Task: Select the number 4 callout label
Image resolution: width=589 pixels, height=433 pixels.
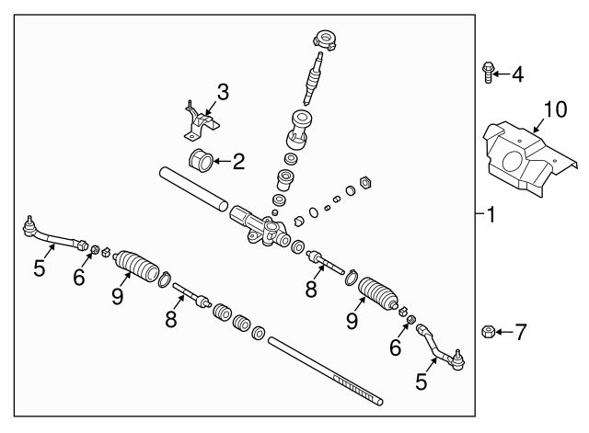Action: click(517, 74)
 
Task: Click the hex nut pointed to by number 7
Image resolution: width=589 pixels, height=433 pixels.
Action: click(489, 330)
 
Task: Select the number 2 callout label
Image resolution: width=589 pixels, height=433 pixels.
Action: click(237, 164)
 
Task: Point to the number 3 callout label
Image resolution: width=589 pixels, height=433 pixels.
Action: click(222, 92)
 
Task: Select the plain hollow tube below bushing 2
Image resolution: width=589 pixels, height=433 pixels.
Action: click(192, 187)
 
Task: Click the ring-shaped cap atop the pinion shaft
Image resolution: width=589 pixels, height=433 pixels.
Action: click(326, 40)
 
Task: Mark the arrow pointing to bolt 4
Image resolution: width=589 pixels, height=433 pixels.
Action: click(502, 73)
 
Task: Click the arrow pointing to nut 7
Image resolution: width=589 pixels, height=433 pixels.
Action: click(503, 330)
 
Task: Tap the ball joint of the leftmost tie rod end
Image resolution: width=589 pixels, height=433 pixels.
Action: click(30, 223)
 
